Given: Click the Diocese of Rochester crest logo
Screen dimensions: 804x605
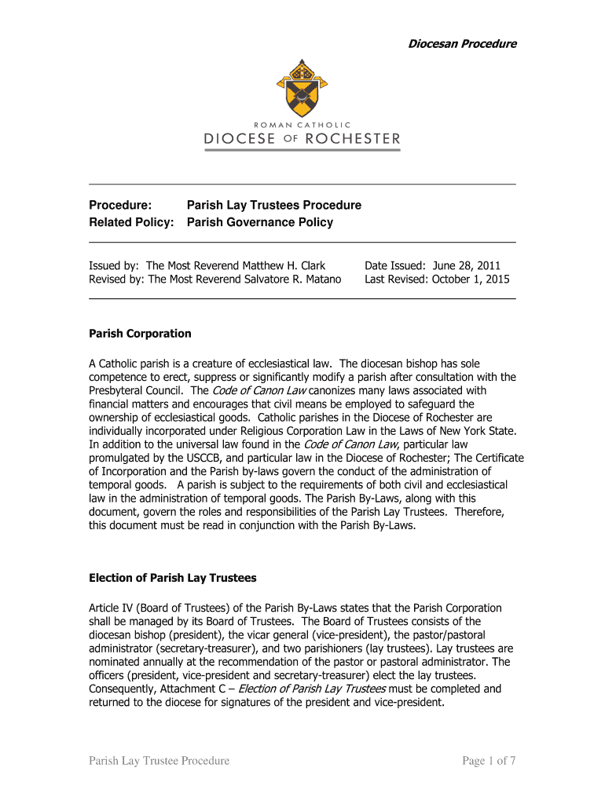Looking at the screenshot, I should tap(301, 86).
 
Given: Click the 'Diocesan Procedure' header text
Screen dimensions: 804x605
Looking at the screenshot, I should tap(461, 44).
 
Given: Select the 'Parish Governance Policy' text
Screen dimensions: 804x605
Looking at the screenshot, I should tap(259, 222).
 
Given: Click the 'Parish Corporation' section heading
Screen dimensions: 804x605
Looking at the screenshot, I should tap(140, 334).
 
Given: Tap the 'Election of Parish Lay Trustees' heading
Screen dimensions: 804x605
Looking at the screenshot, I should tap(173, 579).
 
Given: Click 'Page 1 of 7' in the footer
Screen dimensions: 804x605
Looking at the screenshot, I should tap(488, 760).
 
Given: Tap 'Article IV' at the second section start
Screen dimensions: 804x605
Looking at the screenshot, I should tap(112, 608).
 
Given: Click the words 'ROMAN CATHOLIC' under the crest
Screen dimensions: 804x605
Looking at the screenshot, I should tap(302, 124).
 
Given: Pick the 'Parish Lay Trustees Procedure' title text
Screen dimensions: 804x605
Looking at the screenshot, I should tap(273, 205).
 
